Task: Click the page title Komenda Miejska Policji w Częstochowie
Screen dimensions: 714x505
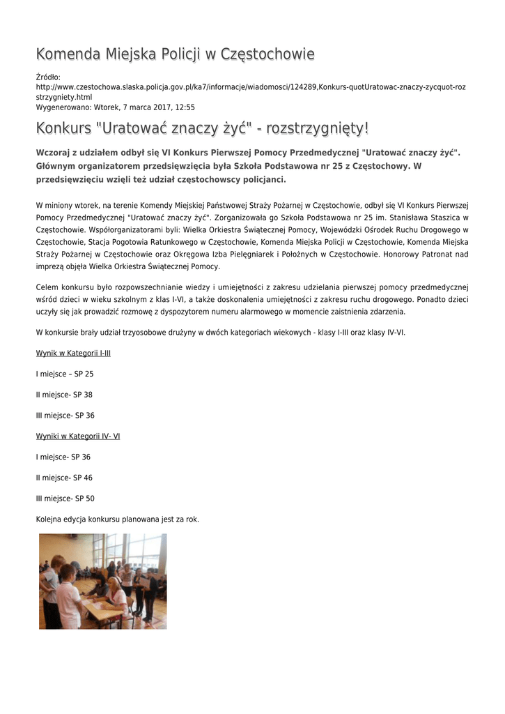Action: (x=175, y=54)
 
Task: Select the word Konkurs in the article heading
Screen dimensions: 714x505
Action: (x=63, y=129)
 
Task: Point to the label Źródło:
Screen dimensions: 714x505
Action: (x=48, y=77)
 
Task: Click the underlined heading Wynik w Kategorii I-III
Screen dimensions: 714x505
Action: (x=73, y=354)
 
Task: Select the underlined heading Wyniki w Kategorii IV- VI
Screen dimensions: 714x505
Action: (x=78, y=436)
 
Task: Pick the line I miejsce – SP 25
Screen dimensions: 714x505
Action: (x=65, y=374)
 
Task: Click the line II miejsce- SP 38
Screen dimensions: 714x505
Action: (x=64, y=395)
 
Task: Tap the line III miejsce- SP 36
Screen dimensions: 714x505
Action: (x=65, y=416)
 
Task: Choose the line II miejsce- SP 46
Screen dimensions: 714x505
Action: (x=64, y=478)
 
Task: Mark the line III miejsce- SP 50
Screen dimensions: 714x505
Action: (x=65, y=499)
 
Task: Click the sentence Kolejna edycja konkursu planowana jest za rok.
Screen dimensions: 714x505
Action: (x=117, y=519)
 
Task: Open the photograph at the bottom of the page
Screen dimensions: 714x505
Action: (x=102, y=581)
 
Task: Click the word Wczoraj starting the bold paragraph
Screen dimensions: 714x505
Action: (x=54, y=153)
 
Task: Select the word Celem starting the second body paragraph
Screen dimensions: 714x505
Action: (x=47, y=287)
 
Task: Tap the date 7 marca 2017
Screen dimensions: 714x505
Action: (x=132, y=107)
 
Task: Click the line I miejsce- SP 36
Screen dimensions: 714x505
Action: (x=63, y=457)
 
